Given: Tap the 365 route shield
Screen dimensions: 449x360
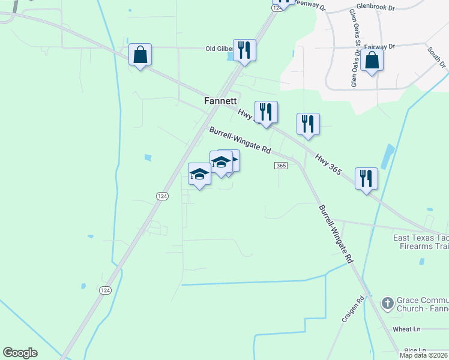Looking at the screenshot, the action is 281,165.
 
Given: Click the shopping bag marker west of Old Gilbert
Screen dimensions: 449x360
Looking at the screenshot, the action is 140,55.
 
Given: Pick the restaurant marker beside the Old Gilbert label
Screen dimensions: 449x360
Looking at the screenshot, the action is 244,50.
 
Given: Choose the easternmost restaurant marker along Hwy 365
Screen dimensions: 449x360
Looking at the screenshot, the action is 366,178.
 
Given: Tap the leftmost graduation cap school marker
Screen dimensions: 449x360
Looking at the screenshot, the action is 199,174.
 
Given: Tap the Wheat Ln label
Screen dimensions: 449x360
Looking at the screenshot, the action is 407,329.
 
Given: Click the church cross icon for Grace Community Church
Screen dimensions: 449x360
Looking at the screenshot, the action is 388,303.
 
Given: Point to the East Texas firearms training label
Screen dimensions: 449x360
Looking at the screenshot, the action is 420,242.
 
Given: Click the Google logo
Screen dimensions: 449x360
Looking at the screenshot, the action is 20,353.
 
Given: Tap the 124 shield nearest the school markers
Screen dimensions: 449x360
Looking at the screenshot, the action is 162,196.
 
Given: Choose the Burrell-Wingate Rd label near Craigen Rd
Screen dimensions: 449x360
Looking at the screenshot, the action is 336,235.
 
